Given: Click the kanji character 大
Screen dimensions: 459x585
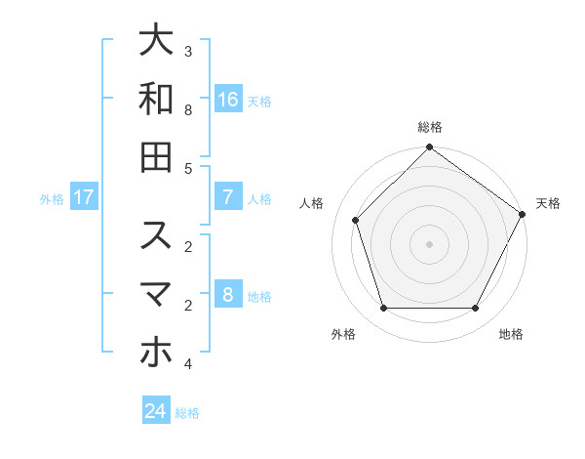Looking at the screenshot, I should click(x=156, y=40).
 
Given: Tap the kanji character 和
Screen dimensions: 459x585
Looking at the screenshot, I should click(x=156, y=99).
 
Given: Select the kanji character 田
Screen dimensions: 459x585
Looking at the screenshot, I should click(x=156, y=157).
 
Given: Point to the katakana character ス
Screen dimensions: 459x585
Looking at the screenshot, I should click(x=156, y=235).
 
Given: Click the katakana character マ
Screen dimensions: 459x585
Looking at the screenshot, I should click(x=156, y=294).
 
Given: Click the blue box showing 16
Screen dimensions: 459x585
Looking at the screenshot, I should click(x=228, y=99).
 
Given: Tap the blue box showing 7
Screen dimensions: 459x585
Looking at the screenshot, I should click(x=228, y=197).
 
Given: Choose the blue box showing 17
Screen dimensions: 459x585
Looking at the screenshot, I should click(x=84, y=197).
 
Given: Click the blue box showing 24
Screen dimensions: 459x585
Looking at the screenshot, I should click(x=156, y=411).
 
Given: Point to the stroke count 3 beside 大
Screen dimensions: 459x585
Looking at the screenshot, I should click(x=188, y=51).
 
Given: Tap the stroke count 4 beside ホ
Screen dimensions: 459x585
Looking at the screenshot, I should click(x=188, y=364).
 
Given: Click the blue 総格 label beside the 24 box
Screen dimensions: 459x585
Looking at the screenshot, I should click(x=187, y=413).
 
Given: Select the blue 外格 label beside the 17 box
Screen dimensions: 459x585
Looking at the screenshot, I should click(x=52, y=199).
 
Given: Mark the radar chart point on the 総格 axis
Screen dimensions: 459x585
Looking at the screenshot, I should click(x=429, y=148).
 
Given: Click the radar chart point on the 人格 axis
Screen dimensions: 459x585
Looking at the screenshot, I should click(x=356, y=220).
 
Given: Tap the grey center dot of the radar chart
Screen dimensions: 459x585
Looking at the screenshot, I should click(x=429, y=243).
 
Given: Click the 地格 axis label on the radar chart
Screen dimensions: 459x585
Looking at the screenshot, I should click(x=511, y=335).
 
